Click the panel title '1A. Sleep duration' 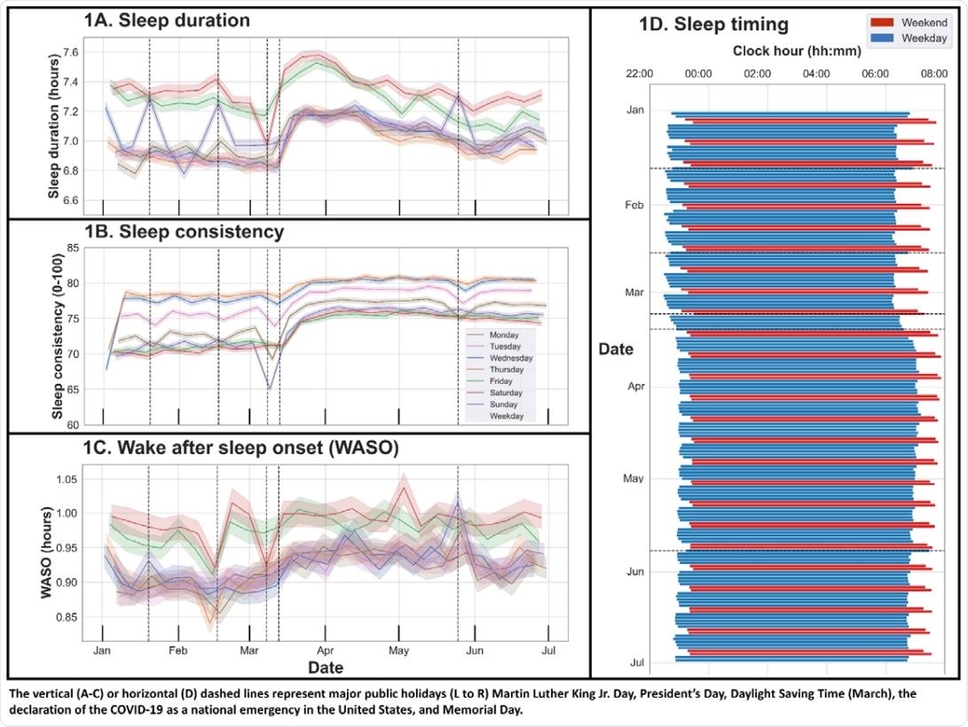coord(167,20)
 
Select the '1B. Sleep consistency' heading coord(185,232)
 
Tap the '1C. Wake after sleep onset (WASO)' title coord(241,449)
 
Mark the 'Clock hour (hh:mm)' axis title coord(797,51)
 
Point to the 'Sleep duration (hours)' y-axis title coord(51,116)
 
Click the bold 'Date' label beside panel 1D coord(615,349)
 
